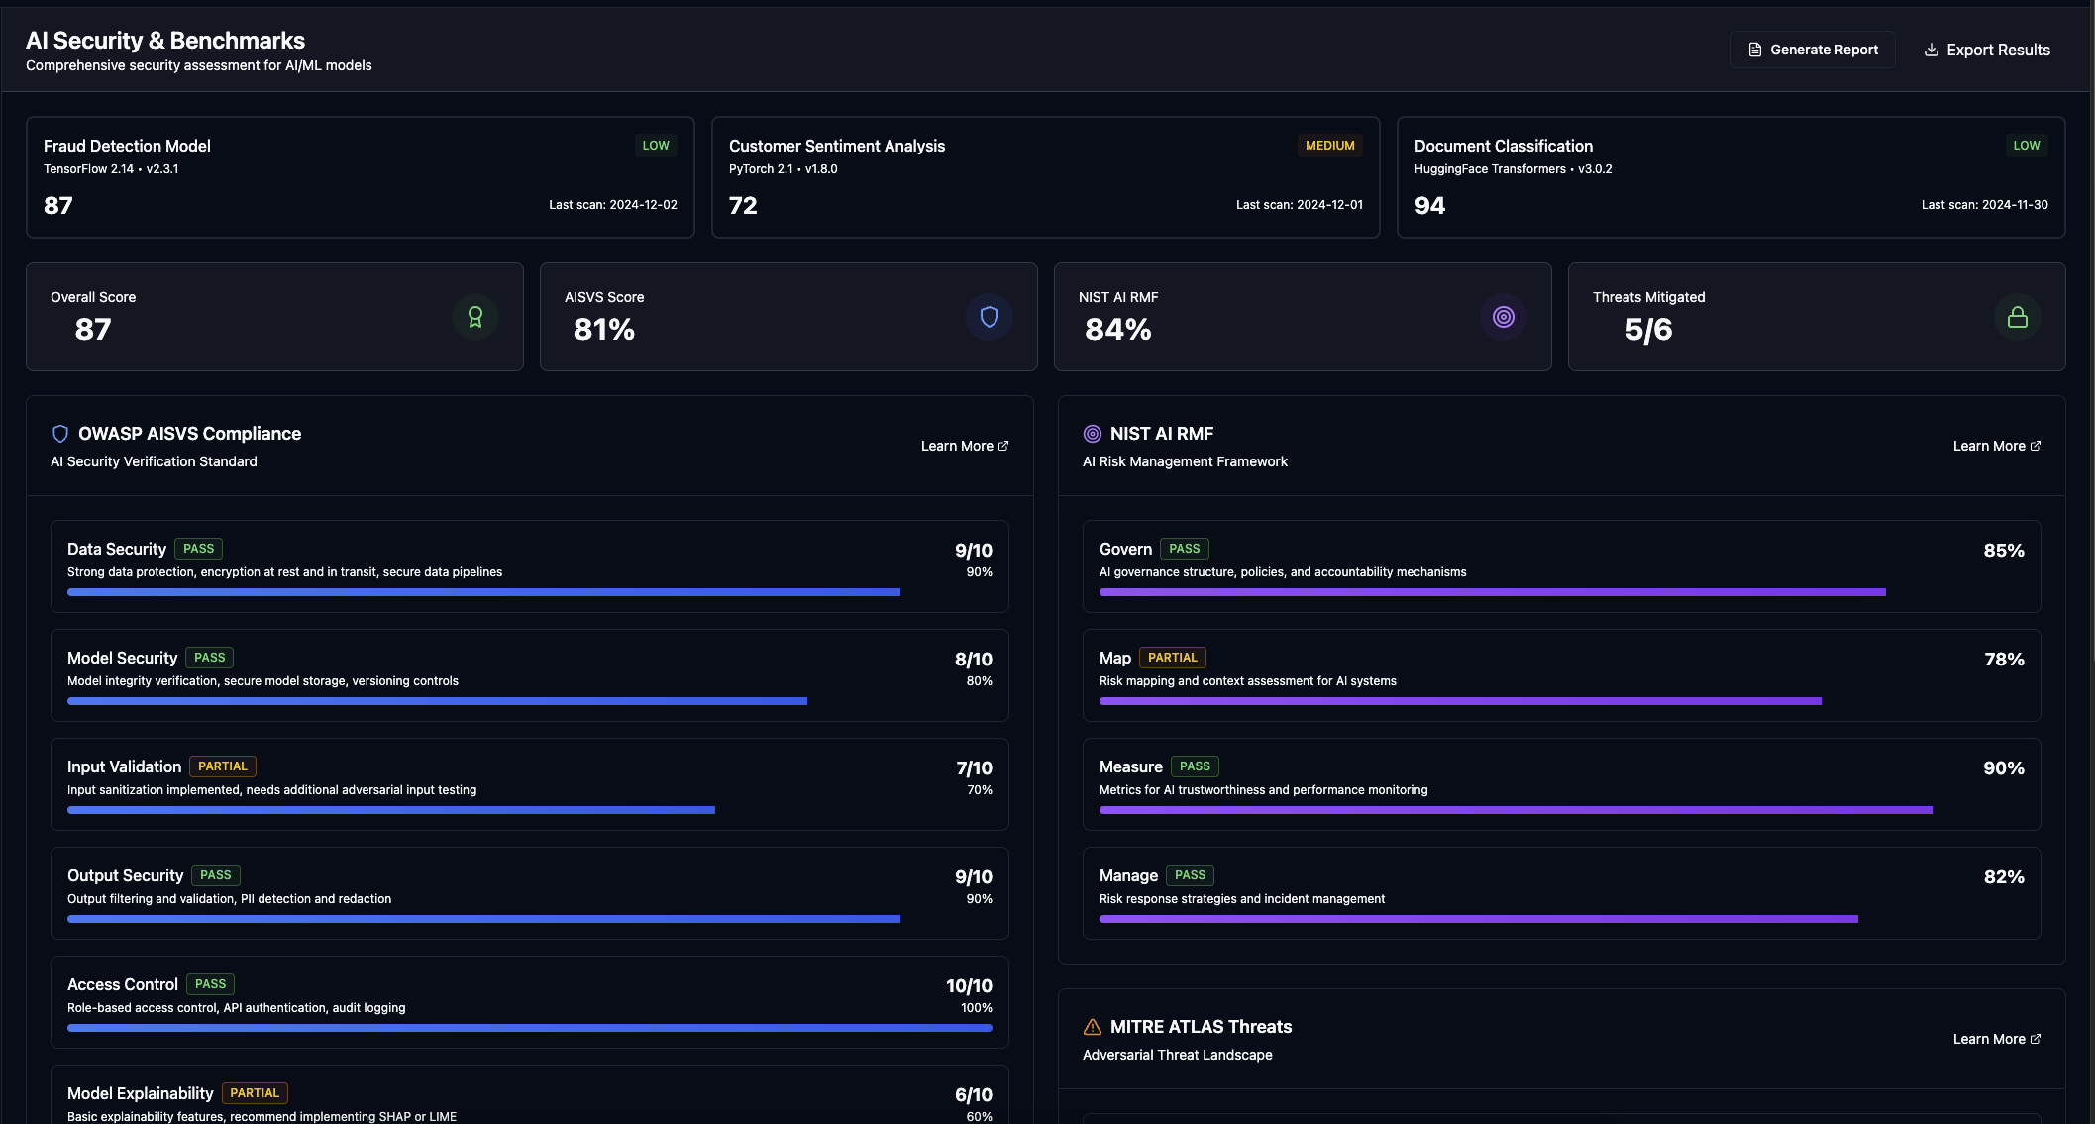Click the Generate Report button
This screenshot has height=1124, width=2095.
pyautogui.click(x=1813, y=50)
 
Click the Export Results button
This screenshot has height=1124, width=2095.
pyautogui.click(x=1986, y=50)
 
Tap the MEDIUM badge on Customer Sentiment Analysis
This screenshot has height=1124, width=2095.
pyautogui.click(x=1329, y=146)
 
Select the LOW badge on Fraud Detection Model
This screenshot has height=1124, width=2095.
pyautogui.click(x=655, y=146)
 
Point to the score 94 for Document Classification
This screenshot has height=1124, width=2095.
pyautogui.click(x=1429, y=205)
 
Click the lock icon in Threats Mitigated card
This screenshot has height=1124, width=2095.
pyautogui.click(x=2017, y=317)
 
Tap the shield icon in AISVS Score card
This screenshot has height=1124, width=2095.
pyautogui.click(x=989, y=317)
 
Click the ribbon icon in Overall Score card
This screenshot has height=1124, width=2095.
pyautogui.click(x=474, y=317)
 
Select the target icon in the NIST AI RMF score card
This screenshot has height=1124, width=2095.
pyautogui.click(x=1503, y=317)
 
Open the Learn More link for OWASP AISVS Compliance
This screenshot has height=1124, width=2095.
pyautogui.click(x=964, y=446)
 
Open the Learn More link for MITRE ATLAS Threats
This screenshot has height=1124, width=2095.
pyautogui.click(x=1996, y=1039)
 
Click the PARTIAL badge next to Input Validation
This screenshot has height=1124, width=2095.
pyautogui.click(x=222, y=766)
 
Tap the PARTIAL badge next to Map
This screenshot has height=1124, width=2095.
pyautogui.click(x=1172, y=658)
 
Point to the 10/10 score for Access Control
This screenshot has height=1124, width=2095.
pyautogui.click(x=968, y=986)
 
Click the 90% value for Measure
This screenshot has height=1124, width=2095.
pyautogui.click(x=2003, y=768)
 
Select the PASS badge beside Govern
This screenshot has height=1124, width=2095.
pyautogui.click(x=1184, y=549)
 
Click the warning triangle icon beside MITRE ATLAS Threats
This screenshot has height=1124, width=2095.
pyautogui.click(x=1092, y=1027)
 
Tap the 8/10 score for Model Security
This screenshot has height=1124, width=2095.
pyautogui.click(x=973, y=660)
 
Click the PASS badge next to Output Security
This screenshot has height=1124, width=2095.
pyautogui.click(x=215, y=875)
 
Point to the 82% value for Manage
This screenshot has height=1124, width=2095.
pyautogui.click(x=2003, y=877)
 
